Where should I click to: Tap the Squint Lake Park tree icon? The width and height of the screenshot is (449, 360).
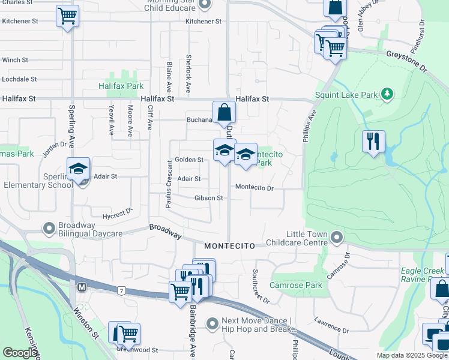click(x=388, y=94)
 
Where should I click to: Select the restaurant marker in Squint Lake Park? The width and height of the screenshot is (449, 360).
click(x=373, y=142)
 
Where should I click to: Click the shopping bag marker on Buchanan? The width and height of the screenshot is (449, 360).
click(x=224, y=112)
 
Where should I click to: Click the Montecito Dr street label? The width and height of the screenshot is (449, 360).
click(x=254, y=188)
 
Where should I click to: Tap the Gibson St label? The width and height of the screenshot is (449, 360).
click(x=208, y=198)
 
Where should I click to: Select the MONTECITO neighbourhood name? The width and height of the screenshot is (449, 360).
click(x=229, y=246)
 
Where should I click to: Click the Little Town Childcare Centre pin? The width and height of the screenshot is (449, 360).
click(x=337, y=238)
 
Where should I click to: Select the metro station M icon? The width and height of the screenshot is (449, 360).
click(x=82, y=287)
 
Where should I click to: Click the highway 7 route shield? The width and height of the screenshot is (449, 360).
click(x=122, y=291)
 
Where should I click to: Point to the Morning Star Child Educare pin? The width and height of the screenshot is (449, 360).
click(x=204, y=5)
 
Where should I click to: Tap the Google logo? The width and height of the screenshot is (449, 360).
click(x=19, y=353)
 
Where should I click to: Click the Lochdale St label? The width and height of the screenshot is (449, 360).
click(x=19, y=79)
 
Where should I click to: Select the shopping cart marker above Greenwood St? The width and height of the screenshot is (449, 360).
click(x=127, y=333)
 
